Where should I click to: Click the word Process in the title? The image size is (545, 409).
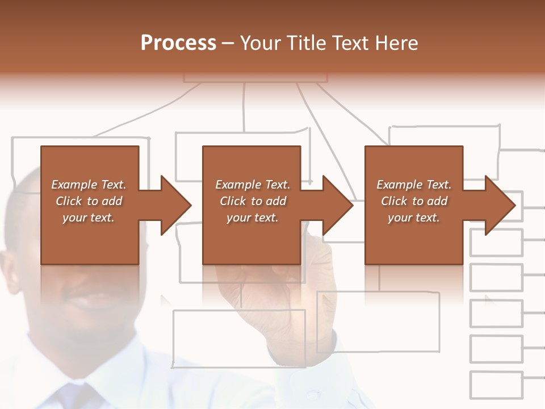[178, 43]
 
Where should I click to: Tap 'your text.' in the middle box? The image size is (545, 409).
[252, 218]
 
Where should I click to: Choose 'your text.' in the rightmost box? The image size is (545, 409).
[413, 218]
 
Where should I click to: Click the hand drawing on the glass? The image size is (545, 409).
[284, 295]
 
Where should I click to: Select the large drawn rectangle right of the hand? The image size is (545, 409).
[379, 322]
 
